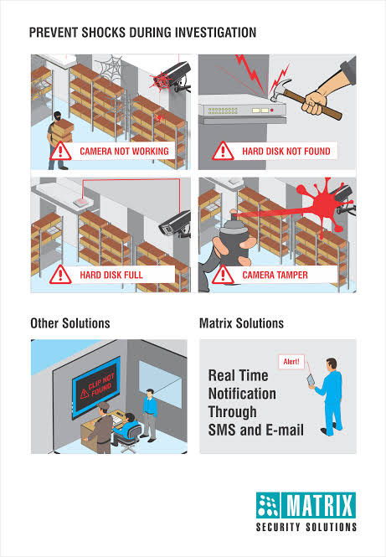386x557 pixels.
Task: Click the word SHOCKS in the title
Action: click(104, 33)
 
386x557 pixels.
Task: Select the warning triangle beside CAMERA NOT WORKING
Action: click(60, 151)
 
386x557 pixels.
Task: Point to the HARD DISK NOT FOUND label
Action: click(286, 152)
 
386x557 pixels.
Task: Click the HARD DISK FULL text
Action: click(111, 275)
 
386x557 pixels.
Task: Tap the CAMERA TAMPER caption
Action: click(275, 275)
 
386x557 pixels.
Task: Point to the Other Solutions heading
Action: click(70, 323)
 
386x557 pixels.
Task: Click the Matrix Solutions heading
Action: click(241, 323)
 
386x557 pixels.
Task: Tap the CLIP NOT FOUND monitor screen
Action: click(96, 387)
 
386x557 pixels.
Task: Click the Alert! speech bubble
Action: click(291, 362)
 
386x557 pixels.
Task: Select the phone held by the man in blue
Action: click(311, 380)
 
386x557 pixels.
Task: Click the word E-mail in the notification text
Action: click(286, 430)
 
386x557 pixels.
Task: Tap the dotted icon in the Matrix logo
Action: click(268, 505)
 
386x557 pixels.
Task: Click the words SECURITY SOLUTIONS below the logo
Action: click(306, 527)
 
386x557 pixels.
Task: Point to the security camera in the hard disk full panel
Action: click(175, 224)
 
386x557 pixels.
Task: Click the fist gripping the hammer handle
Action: click(315, 101)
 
